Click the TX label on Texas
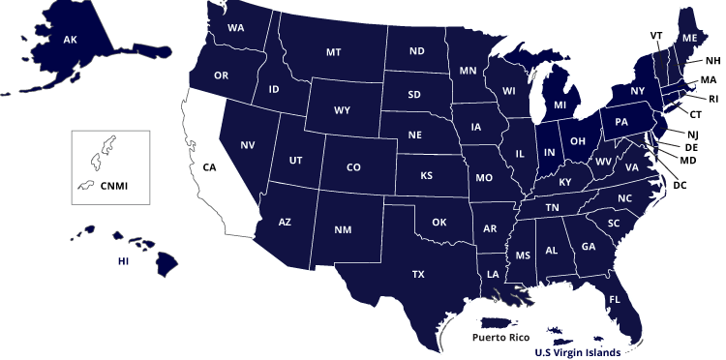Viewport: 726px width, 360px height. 418,275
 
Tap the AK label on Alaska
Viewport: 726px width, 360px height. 70,40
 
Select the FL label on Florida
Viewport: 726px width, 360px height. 615,300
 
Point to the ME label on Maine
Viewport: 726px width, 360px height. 689,38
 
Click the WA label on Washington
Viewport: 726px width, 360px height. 236,28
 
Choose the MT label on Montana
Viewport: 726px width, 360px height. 334,52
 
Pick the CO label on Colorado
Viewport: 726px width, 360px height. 353,167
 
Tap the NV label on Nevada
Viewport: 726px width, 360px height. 248,145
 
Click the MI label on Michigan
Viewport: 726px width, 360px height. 560,105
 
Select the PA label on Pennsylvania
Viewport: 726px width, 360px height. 621,122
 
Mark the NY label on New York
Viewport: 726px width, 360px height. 637,91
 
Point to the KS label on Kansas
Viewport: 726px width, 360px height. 426,176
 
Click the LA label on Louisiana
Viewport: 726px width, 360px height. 493,274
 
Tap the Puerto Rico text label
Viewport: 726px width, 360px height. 500,338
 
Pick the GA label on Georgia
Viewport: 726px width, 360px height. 589,246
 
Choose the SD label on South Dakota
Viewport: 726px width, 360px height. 414,95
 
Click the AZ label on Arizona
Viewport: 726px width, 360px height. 285,223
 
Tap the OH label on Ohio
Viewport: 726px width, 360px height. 578,141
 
